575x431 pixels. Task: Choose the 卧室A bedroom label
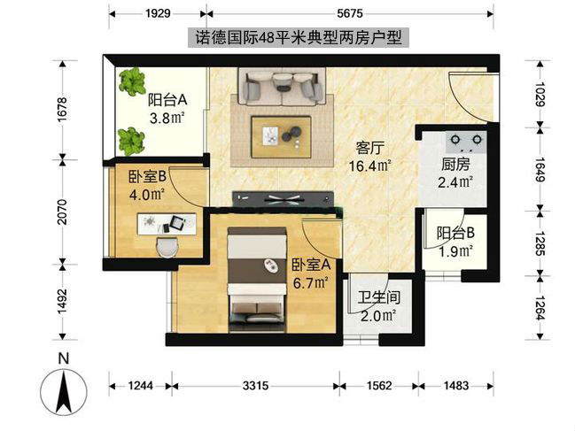pyautogui.click(x=310, y=264)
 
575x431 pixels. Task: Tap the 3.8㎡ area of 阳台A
pyautogui.click(x=166, y=118)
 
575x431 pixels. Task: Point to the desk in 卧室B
pyautogui.click(x=163, y=223)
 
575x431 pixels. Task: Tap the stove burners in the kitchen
pyautogui.click(x=466, y=139)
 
